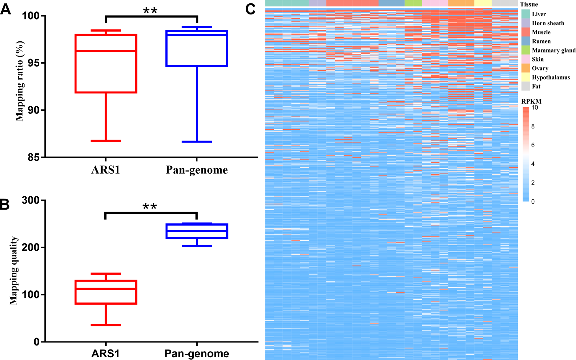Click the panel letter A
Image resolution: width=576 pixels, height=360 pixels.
[5, 9]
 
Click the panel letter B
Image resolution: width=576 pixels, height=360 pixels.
[5, 204]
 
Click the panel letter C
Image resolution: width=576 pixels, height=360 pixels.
[251, 9]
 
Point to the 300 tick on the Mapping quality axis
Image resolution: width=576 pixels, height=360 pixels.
[31, 201]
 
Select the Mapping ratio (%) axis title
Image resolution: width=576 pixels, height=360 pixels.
[20, 81]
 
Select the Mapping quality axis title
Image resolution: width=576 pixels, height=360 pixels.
[13, 271]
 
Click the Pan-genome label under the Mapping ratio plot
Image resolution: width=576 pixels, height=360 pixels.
[197, 170]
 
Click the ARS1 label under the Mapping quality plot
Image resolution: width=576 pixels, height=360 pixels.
[106, 354]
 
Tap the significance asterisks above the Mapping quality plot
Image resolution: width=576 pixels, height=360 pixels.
[150, 207]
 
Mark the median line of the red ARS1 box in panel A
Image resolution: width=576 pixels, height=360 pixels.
[106, 51]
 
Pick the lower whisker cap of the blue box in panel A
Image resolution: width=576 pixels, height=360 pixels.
[197, 142]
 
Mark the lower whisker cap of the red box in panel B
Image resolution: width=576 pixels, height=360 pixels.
[106, 325]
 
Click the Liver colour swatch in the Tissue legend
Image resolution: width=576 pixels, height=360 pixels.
[526, 14]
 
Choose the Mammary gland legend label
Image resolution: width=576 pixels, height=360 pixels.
[553, 50]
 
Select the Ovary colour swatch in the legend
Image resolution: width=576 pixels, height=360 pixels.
[526, 68]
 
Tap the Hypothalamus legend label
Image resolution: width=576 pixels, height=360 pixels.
[551, 77]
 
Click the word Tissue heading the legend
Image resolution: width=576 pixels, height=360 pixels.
[529, 4]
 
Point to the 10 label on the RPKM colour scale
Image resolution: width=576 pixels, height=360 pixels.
[534, 108]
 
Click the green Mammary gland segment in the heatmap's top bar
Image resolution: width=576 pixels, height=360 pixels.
[413, 3]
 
